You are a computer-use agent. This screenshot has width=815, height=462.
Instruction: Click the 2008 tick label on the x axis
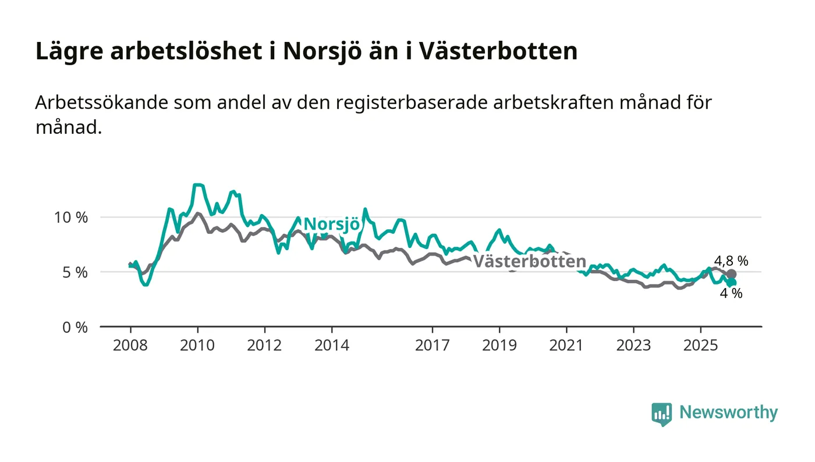(x=130, y=346)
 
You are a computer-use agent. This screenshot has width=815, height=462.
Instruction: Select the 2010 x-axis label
(x=197, y=346)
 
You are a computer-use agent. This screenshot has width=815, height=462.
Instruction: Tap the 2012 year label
(x=264, y=346)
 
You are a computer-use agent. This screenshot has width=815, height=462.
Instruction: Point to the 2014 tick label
(x=331, y=346)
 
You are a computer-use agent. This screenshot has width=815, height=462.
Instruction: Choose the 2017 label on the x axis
(x=432, y=346)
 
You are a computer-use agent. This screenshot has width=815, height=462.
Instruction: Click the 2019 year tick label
(x=499, y=346)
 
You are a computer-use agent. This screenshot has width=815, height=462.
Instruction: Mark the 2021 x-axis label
(x=566, y=346)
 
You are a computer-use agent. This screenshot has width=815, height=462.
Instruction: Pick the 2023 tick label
(x=633, y=346)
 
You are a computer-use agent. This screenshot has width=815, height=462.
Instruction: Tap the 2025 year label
(x=701, y=346)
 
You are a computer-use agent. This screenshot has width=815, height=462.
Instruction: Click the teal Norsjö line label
(x=332, y=224)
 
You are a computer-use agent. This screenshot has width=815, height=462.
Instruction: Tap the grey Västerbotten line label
(x=529, y=262)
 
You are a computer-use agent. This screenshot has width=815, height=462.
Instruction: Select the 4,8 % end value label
(x=731, y=261)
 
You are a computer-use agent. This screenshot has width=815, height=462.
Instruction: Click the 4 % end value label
(x=731, y=294)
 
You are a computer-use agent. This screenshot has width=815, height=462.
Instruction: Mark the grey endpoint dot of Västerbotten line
(x=731, y=274)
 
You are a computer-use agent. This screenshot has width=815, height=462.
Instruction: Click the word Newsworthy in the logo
(x=728, y=413)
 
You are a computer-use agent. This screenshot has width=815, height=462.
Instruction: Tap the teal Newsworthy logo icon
(x=661, y=414)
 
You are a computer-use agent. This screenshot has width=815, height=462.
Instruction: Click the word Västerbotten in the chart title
(x=498, y=51)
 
